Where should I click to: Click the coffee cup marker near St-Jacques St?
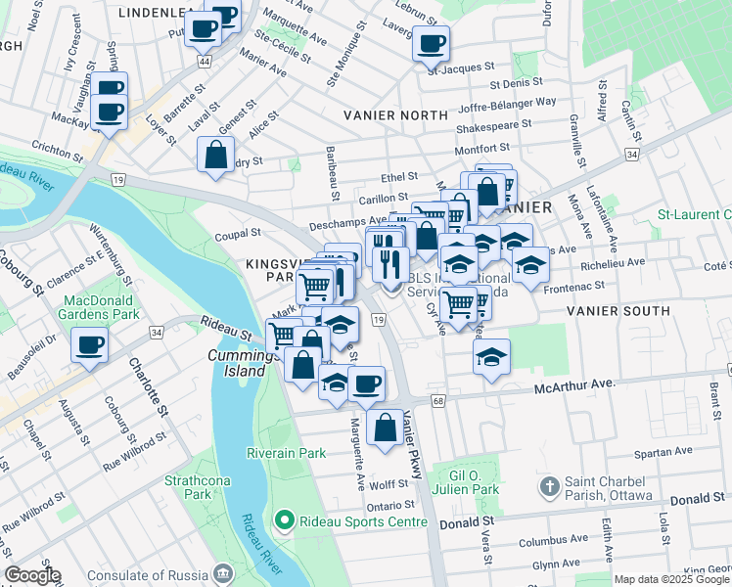tap(431, 44)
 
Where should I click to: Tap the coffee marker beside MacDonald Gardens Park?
tap(90, 345)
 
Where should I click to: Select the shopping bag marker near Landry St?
tap(215, 155)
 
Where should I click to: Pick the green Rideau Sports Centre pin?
tap(285, 519)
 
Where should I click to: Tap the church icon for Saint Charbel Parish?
tap(550, 484)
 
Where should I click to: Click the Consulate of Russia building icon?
tap(224, 571)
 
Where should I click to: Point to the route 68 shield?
tap(436, 401)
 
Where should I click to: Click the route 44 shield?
tap(204, 61)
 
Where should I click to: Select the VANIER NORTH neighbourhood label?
tap(396, 114)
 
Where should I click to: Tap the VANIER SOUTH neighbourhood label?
tap(618, 311)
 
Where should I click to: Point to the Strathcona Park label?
tap(188, 487)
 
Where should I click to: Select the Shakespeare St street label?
tap(493, 124)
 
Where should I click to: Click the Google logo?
tap(31, 575)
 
